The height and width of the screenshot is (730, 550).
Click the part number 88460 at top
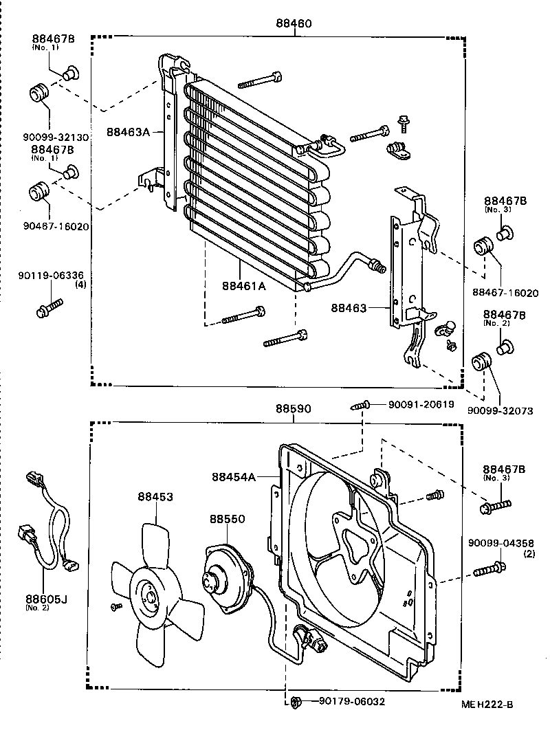tap(294, 23)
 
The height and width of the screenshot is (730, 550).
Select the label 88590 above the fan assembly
tap(294, 408)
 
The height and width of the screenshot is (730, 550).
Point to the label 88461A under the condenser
tap(243, 287)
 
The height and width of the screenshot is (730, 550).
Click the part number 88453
tap(155, 496)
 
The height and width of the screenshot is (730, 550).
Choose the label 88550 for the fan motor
tap(227, 521)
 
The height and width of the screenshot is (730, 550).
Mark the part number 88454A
tap(234, 476)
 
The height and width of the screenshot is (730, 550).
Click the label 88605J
tap(45, 599)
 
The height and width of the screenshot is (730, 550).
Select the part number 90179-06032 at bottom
tap(352, 702)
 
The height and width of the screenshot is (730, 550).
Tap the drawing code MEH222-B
tap(487, 705)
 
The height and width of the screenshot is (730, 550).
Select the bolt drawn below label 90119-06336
tap(49, 307)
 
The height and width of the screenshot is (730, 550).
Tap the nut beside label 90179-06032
tap(296, 702)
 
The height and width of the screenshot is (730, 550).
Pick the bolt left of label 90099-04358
tap(489, 568)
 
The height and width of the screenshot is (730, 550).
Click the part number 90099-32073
tap(500, 410)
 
